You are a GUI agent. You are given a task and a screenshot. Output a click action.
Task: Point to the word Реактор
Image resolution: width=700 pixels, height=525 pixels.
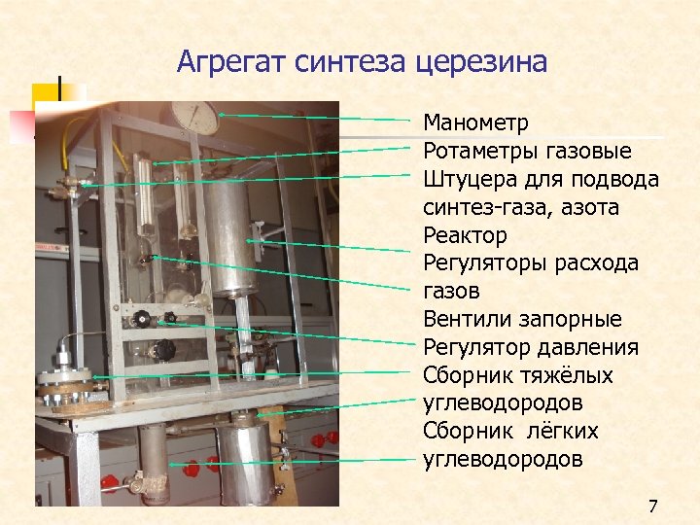coord(465,235)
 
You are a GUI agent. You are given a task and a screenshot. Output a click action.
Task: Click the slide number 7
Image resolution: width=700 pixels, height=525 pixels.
coord(652,506)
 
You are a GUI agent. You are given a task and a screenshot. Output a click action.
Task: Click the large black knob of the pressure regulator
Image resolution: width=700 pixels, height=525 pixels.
coord(164,349)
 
